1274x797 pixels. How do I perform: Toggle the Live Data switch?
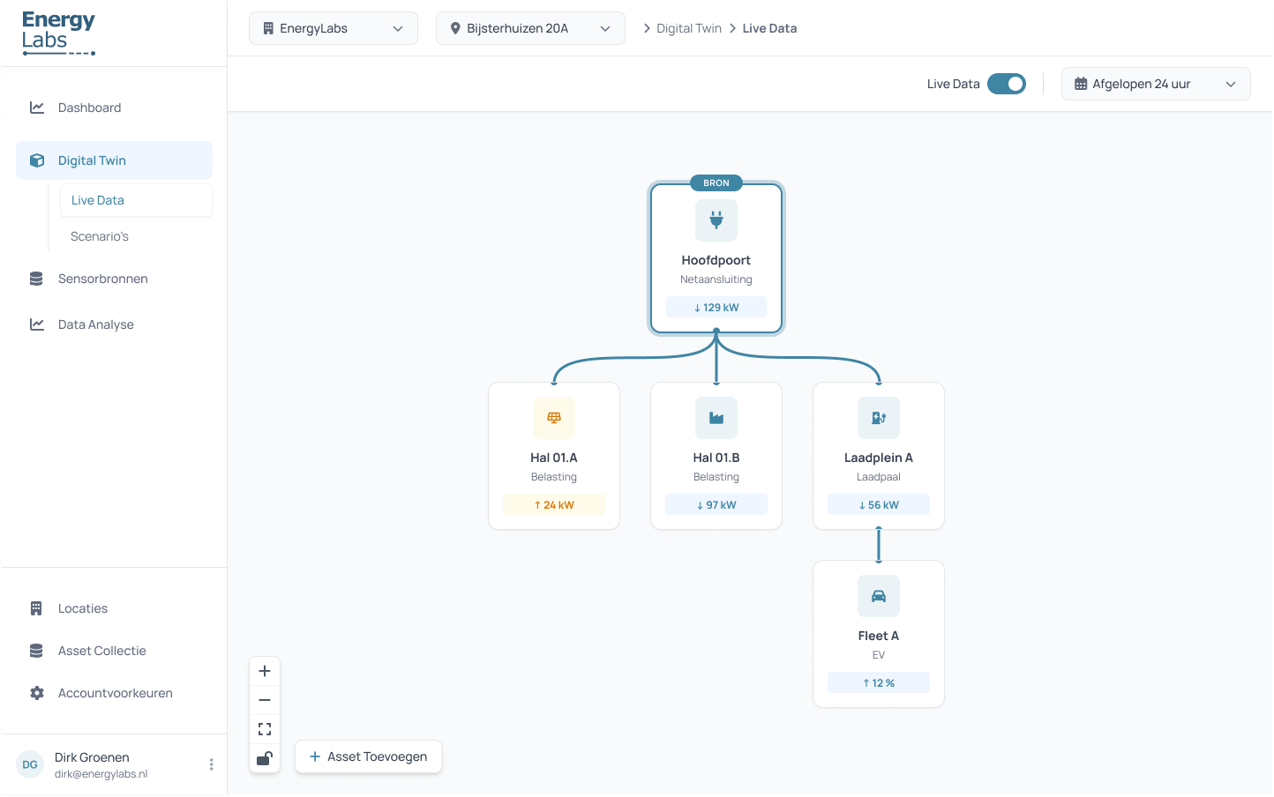tap(1006, 84)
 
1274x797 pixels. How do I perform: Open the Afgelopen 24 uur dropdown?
tap(1155, 84)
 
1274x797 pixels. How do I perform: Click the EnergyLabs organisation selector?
tap(333, 28)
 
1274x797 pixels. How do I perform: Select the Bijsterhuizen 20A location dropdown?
tap(529, 28)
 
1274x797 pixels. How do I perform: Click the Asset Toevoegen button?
tap(368, 756)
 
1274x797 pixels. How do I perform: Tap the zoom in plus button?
tap(265, 671)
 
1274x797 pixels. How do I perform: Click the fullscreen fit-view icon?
tap(265, 729)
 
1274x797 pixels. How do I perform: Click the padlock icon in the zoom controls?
tap(265, 758)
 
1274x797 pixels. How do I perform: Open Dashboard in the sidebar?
tap(89, 108)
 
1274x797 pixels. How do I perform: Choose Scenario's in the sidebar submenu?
tap(100, 236)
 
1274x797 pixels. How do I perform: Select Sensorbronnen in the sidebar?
tap(102, 279)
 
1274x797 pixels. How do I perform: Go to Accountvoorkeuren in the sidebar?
tap(115, 693)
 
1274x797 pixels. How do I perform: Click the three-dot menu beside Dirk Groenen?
tap(211, 764)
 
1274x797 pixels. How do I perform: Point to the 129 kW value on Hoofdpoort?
tap(716, 308)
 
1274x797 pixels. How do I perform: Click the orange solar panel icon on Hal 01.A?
tap(554, 418)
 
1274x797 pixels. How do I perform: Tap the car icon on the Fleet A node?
tap(879, 596)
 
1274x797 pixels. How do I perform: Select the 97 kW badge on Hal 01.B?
tap(716, 505)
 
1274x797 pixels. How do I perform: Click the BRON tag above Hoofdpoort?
tap(716, 183)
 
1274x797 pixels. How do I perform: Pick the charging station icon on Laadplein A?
tap(879, 418)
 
